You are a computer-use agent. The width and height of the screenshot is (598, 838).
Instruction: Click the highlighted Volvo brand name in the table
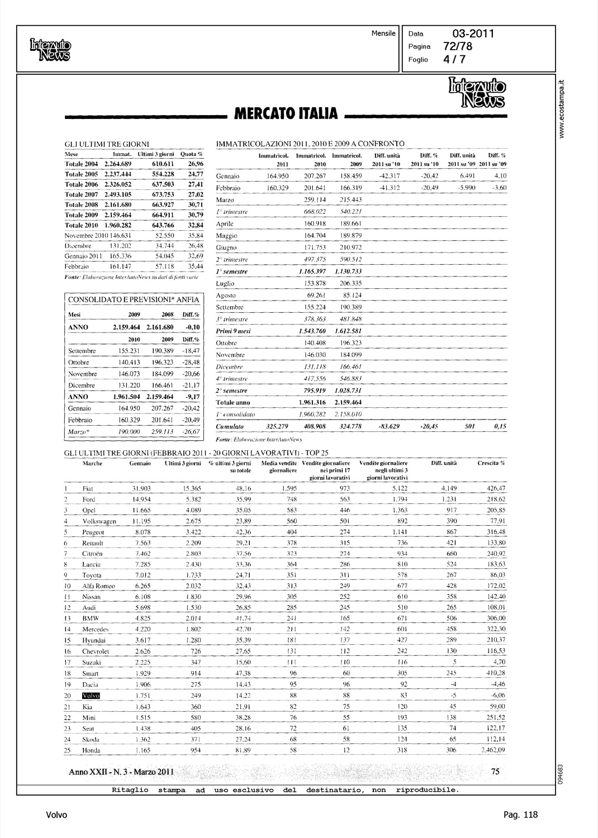(89, 696)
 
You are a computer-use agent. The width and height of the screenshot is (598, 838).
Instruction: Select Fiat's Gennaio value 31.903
(141, 488)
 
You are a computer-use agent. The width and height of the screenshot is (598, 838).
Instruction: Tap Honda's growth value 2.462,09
(492, 750)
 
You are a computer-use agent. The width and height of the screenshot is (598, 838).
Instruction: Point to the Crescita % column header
(491, 463)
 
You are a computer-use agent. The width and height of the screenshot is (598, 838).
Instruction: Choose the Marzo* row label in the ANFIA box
(79, 431)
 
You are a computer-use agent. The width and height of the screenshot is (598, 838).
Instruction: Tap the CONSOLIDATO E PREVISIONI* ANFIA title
(133, 299)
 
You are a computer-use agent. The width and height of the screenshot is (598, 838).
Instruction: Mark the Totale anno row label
(233, 402)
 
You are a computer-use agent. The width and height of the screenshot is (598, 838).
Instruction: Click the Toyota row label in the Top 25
(92, 575)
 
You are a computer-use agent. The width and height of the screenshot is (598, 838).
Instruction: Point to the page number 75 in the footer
(495, 772)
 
